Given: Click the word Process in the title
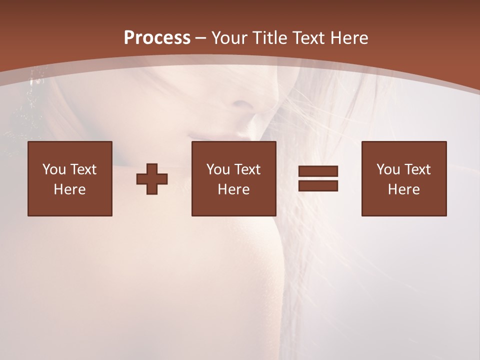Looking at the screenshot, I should click(x=157, y=37).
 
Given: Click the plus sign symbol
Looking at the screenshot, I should click(x=152, y=178).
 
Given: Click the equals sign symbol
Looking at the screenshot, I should click(x=318, y=178).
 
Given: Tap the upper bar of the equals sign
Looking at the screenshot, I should click(x=318, y=171).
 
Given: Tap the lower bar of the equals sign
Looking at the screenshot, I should click(x=318, y=185).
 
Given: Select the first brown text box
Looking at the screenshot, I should click(x=69, y=178).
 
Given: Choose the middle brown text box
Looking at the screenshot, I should click(x=233, y=178).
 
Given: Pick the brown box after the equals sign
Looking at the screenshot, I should click(x=403, y=178).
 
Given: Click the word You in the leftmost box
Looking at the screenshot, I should click(x=54, y=169).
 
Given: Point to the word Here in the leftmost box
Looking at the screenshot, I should click(x=69, y=189).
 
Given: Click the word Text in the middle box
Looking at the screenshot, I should click(x=247, y=169).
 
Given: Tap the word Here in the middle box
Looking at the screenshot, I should click(x=233, y=189).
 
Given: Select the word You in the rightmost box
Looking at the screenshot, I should click(x=388, y=169).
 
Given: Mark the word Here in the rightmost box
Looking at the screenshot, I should click(x=403, y=189).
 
